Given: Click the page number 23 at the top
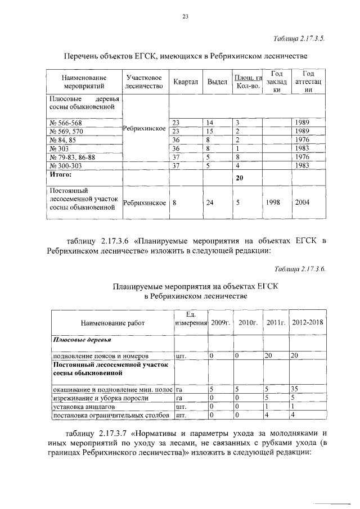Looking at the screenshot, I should coord(184,17).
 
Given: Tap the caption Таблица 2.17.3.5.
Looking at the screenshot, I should coord(298,39).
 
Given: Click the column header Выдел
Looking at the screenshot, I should coord(217,82).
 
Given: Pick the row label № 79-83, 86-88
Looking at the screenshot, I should coord(74,157).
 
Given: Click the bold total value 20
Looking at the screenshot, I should coord(239,178).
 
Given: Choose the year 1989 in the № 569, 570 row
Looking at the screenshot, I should coord(302,131).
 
